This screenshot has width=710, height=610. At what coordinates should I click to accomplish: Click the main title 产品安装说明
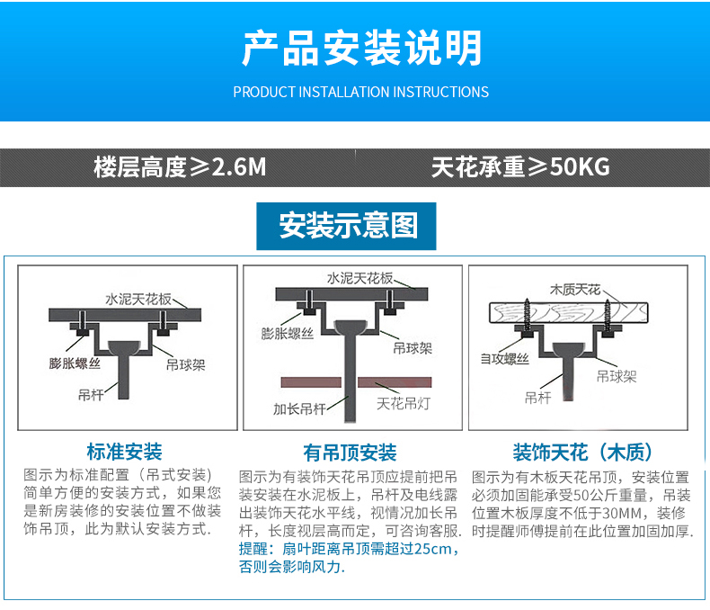[x=361, y=48]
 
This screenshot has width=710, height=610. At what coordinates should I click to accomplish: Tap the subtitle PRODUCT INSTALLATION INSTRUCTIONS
[x=360, y=92]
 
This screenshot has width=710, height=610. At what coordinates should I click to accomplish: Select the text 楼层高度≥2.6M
[x=180, y=167]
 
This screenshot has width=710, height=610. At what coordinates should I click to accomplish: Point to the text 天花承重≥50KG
[x=520, y=167]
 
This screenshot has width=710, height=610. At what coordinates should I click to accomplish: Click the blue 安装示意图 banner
[x=349, y=225]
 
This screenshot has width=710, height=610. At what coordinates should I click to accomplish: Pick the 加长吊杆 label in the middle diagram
[x=298, y=408]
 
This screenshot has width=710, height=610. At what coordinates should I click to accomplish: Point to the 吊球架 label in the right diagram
[x=617, y=376]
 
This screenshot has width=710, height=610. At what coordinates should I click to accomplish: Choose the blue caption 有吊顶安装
[x=350, y=452]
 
